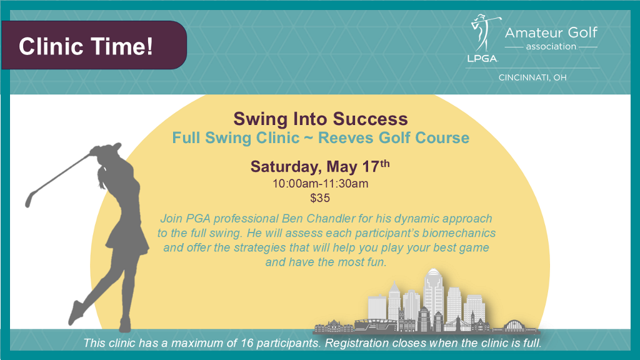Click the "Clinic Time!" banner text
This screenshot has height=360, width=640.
[86, 46]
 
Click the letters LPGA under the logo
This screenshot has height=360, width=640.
[482, 59]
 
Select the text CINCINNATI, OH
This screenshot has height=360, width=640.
[532, 77]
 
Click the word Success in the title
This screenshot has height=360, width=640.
[370, 119]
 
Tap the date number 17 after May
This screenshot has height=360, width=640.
[371, 166]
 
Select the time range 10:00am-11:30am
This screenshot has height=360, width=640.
[321, 184]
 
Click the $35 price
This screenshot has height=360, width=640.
[320, 198]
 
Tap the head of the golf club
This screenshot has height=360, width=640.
[28, 200]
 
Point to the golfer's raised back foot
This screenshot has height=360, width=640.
[76, 312]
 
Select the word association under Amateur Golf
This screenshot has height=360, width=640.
[551, 46]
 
